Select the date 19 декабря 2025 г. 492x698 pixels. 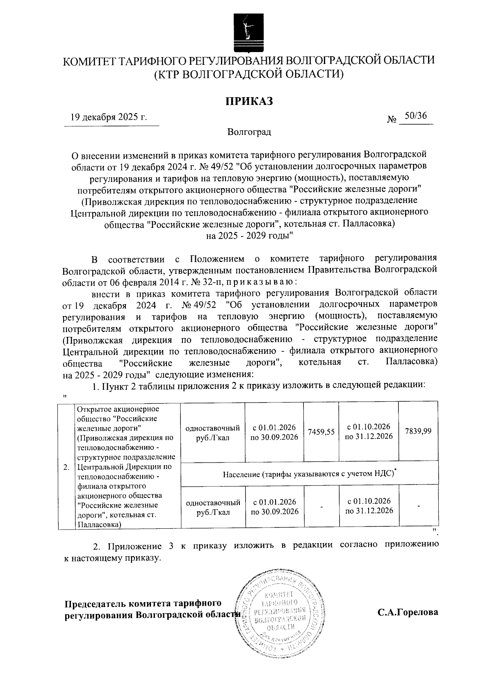pyautogui.click(x=109, y=117)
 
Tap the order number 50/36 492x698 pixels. pyautogui.click(x=415, y=116)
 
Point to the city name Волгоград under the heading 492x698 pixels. pyautogui.click(x=249, y=132)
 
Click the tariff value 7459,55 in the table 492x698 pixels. pyautogui.click(x=321, y=432)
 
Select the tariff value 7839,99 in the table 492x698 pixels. pyautogui.click(x=418, y=432)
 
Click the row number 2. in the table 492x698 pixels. pyautogui.click(x=66, y=467)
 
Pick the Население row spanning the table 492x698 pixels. pyautogui.click(x=310, y=474)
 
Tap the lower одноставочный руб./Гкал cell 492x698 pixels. pyautogui.click(x=213, y=507)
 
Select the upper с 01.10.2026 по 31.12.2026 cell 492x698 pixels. pyautogui.click(x=369, y=431)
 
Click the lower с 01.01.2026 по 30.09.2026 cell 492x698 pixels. pyautogui.click(x=275, y=507)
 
